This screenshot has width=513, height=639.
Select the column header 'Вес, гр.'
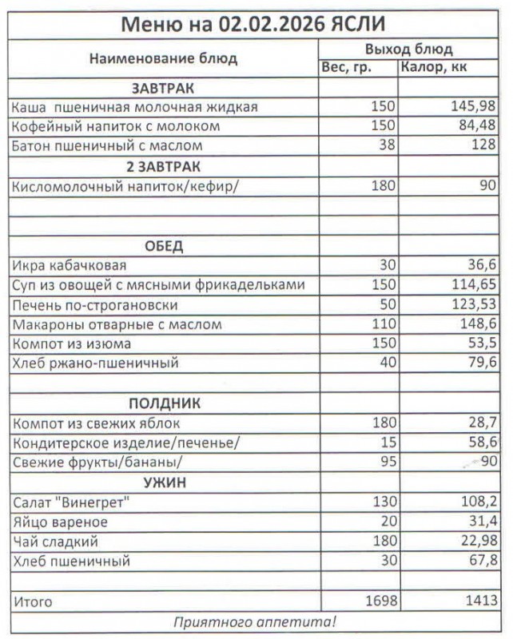pyautogui.click(x=346, y=68)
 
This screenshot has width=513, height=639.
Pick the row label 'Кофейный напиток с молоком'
pyautogui.click(x=116, y=126)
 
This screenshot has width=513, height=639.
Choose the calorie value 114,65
pyautogui.click(x=472, y=285)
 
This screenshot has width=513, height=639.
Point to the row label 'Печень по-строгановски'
pyautogui.click(x=95, y=305)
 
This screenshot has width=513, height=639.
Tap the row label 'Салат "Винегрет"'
pyautogui.click(x=72, y=502)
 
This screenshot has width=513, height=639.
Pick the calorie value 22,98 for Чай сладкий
pyautogui.click(x=476, y=542)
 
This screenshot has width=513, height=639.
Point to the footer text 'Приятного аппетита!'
pyautogui.click(x=255, y=621)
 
